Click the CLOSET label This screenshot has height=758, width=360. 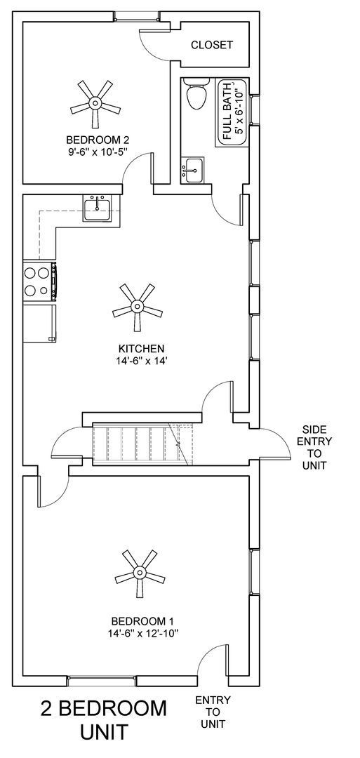coord(212,45)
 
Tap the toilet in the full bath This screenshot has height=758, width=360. coord(196,93)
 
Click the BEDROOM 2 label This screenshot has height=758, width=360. coord(98,138)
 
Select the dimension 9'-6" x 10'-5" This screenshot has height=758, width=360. coord(98,150)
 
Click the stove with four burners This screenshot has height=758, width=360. coord(39,281)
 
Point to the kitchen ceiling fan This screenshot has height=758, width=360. coord(137,307)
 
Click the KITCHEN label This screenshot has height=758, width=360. coord(141,348)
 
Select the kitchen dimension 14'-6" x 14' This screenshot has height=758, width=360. coord(141,361)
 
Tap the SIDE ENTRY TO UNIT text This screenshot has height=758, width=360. coord(314,447)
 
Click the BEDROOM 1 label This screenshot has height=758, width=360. coord(142,621)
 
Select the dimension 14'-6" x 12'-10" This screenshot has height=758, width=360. coord(142,633)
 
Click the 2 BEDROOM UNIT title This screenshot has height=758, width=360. coord(104,719)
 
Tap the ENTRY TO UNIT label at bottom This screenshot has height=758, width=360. coord(212,711)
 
